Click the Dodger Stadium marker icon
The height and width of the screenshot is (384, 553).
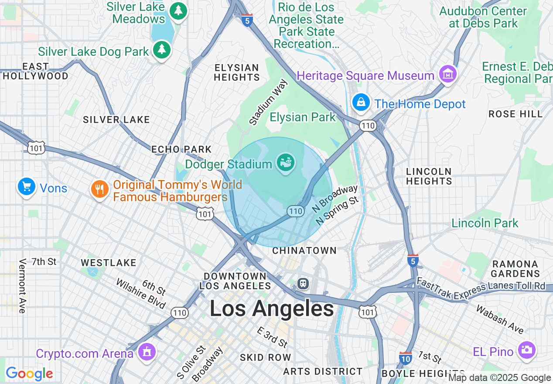pyautogui.click(x=286, y=163)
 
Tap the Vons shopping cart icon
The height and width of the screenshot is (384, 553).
pyautogui.click(x=27, y=187)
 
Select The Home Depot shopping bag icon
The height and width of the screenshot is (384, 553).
pyautogui.click(x=361, y=103)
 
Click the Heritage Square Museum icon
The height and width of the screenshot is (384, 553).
pyautogui.click(x=447, y=75)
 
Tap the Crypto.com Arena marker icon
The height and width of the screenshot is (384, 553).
pyautogui.click(x=147, y=352)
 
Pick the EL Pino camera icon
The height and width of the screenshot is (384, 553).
pyautogui.click(x=526, y=350)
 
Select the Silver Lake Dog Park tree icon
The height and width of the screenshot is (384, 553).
pyautogui.click(x=162, y=51)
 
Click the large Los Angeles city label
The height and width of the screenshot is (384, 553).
pyautogui.click(x=272, y=309)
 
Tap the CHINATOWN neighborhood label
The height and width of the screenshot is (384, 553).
pyautogui.click(x=304, y=250)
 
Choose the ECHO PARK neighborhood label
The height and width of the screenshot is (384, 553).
pyautogui.click(x=181, y=150)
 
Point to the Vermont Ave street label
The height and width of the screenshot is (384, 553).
pyautogui.click(x=22, y=286)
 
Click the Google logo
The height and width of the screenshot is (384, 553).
pyautogui.click(x=29, y=374)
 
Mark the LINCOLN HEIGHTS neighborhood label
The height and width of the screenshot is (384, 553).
pyautogui.click(x=429, y=176)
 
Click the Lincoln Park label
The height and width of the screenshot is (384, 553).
pyautogui.click(x=485, y=223)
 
